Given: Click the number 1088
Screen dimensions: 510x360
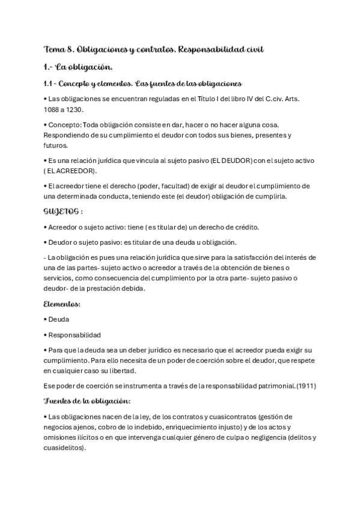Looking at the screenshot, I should [x=53, y=109].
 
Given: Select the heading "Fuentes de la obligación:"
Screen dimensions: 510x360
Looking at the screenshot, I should [x=88, y=401].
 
